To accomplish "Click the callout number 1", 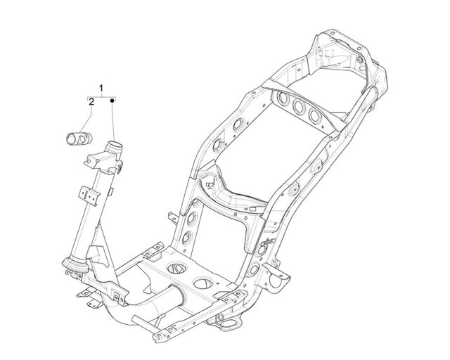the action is point(101,88).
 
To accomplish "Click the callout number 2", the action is point(91,102).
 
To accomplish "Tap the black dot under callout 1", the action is point(112,101).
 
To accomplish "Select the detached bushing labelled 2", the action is point(79,139).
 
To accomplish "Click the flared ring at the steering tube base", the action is point(75,265).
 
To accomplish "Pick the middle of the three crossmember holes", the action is point(299,107).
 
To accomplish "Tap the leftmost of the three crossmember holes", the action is point(283,98).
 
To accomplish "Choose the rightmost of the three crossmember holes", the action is point(315,116).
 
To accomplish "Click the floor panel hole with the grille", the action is point(177,268).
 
